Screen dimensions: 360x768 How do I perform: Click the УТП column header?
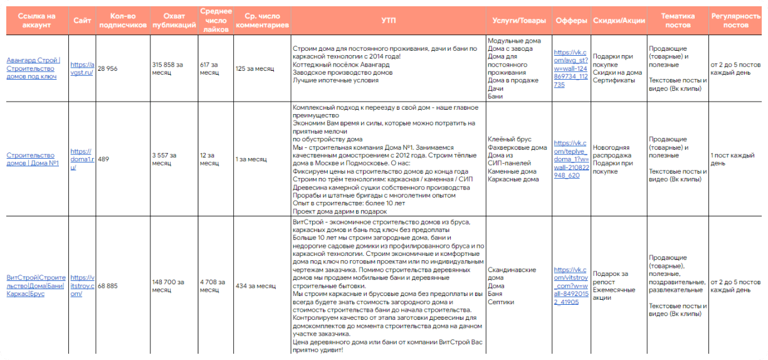[x=388, y=20]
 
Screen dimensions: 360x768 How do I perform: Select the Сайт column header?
[x=82, y=20]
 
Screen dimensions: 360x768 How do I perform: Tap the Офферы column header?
[x=571, y=20]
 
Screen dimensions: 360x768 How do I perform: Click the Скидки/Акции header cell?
[x=618, y=20]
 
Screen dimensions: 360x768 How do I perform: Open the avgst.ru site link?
[x=82, y=68]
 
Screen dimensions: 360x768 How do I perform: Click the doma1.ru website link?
[x=82, y=159]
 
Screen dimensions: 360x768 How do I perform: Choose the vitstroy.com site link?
[x=82, y=285]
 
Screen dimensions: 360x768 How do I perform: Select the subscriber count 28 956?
[x=108, y=68]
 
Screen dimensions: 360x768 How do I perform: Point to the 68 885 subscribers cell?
[x=108, y=285]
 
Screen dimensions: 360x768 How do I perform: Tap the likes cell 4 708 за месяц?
[x=209, y=285]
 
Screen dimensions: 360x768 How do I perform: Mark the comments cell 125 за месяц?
[x=255, y=68]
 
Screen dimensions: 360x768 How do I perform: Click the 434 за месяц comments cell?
[x=255, y=285]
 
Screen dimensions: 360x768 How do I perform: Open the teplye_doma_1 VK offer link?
[x=571, y=159]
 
